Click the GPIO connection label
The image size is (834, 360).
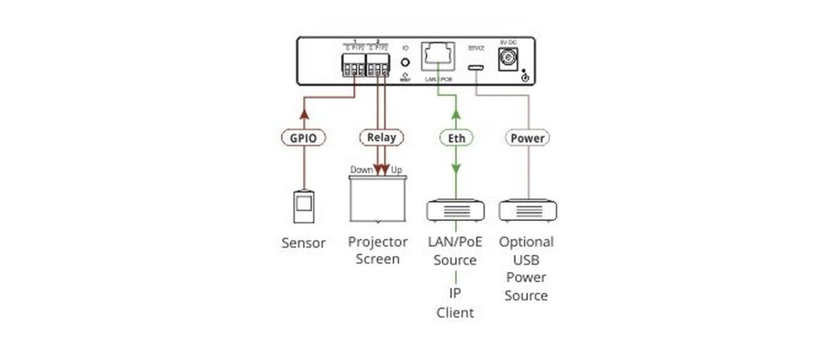click(304, 138)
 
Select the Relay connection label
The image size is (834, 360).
click(381, 137)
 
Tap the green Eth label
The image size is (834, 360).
click(456, 138)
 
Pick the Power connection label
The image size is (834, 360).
click(528, 138)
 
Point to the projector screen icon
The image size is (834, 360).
click(377, 198)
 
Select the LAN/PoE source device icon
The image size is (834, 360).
click(455, 210)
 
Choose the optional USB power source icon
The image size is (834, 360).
click(528, 210)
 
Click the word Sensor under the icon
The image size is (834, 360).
click(304, 243)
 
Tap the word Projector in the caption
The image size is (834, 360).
click(377, 242)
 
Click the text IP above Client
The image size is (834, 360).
click(455, 294)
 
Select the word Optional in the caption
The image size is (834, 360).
click(526, 242)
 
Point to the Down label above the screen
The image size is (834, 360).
click(361, 170)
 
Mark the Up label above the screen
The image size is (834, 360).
click(397, 170)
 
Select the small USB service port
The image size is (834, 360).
click(476, 67)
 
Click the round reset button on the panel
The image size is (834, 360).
click(405, 61)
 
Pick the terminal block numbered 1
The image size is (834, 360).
click(354, 67)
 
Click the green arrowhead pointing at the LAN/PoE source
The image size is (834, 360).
click(456, 170)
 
